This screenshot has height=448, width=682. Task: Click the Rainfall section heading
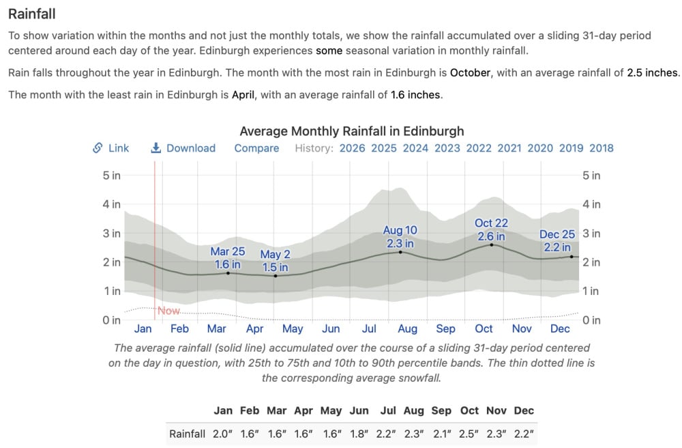pyautogui.click(x=32, y=13)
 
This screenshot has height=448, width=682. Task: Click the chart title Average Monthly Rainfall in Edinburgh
pyautogui.click(x=351, y=131)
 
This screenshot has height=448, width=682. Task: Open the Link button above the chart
pyautogui.click(x=111, y=148)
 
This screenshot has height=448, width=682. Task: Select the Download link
pyautogui.click(x=183, y=148)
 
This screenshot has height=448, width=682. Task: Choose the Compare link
pyautogui.click(x=256, y=148)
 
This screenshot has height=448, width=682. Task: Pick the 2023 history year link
pyautogui.click(x=447, y=148)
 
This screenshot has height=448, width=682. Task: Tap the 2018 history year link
pyautogui.click(x=601, y=148)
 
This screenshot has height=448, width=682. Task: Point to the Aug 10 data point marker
pyautogui.click(x=400, y=252)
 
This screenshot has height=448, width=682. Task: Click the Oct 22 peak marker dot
pyautogui.click(x=491, y=244)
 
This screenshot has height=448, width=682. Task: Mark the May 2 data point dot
pyautogui.click(x=276, y=275)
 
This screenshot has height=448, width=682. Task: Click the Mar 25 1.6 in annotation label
pyautogui.click(x=228, y=258)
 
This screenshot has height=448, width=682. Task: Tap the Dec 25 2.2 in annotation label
pyautogui.click(x=557, y=240)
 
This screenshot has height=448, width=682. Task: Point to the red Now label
pyautogui.click(x=168, y=311)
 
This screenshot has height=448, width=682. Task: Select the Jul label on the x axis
pyautogui.click(x=369, y=328)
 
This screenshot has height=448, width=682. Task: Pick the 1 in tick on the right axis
pyautogui.click(x=591, y=291)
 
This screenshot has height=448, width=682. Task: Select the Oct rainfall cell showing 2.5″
pyautogui.click(x=469, y=433)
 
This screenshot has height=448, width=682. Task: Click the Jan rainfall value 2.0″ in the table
pyautogui.click(x=222, y=433)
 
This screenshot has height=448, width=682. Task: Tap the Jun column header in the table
pyautogui.click(x=359, y=410)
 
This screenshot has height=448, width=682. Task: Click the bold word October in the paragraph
pyautogui.click(x=470, y=72)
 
